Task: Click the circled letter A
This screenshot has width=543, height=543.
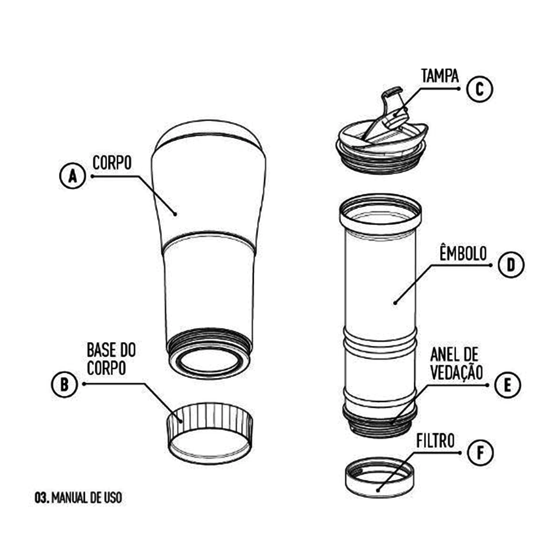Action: coord(72,176)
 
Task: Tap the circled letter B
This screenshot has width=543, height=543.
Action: coord(65,384)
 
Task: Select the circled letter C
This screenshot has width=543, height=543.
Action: coord(479,89)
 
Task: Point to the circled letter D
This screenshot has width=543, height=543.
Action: coord(511,265)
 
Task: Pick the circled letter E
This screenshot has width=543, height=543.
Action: coord(508,385)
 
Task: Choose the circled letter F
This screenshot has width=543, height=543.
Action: coord(480,453)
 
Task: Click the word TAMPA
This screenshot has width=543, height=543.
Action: coord(440,76)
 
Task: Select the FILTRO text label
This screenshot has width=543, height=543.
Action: coord(435,441)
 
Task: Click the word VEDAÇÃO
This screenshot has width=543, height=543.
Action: coord(457,371)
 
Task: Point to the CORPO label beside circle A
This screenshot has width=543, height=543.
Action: coord(112,162)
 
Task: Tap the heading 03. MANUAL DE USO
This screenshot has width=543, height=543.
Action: coord(78,498)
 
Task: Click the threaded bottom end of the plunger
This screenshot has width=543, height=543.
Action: coord(380,421)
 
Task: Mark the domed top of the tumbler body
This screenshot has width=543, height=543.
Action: coord(209,134)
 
